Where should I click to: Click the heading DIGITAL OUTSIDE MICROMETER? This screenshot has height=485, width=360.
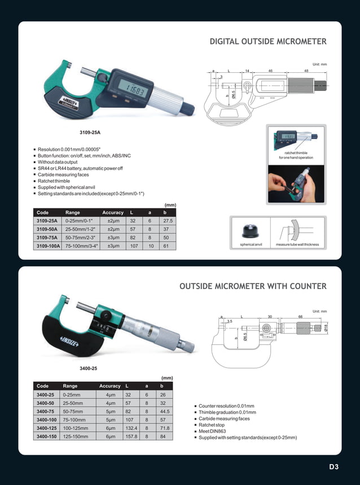coord(268,42)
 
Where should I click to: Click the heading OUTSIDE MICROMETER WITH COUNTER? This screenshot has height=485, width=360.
coord(253,286)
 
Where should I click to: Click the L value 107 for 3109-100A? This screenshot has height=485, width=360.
coord(134,246)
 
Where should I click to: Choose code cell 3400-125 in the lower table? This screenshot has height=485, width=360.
coord(46,429)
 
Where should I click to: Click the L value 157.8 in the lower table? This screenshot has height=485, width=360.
coord(131,437)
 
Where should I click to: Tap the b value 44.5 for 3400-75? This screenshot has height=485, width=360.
coord(165,412)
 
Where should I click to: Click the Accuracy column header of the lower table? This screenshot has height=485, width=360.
coord(110,386)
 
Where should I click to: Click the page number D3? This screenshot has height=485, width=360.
coord(334,467)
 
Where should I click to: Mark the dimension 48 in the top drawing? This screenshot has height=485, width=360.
coord(306,71)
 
